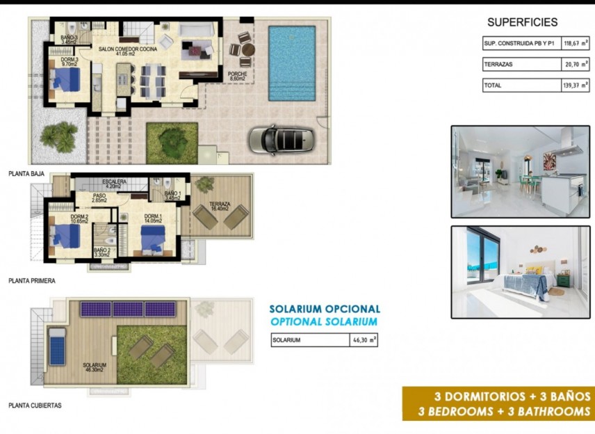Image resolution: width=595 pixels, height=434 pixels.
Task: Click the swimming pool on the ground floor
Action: click(292, 63)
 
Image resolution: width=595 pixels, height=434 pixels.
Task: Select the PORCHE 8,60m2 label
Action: click(238, 76)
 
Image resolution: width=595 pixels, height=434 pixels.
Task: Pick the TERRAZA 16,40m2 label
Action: click(221, 207)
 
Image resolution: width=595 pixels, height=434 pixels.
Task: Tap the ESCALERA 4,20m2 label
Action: click(114, 184)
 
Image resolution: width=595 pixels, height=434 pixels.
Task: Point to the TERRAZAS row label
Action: click(498, 65)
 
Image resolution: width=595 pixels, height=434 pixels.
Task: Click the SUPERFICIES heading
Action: click(522, 22)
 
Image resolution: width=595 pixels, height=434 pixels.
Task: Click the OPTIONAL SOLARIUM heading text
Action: click(324, 322)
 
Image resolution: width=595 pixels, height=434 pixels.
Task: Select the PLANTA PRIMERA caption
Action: click(32, 281)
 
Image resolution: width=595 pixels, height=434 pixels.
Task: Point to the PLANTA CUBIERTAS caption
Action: click(35, 405)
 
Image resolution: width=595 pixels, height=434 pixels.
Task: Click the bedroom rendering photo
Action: click(521, 272)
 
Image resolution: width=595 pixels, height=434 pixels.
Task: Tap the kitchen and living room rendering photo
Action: click(521, 172)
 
